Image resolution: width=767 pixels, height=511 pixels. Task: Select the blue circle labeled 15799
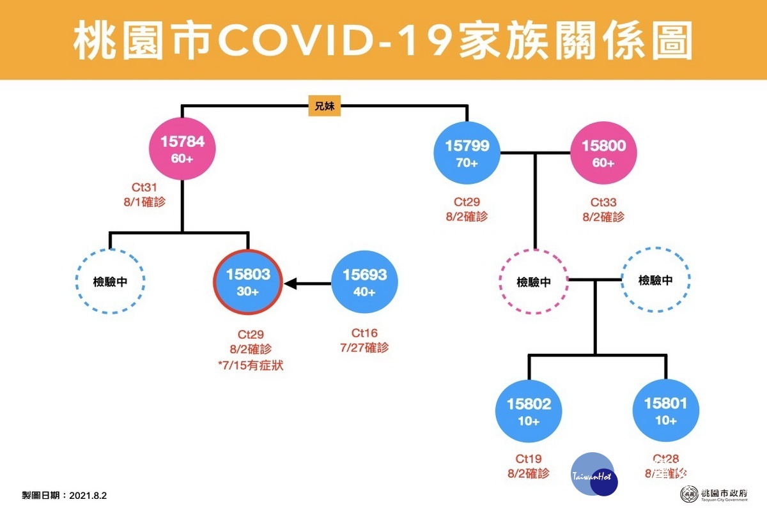pyautogui.click(x=467, y=153)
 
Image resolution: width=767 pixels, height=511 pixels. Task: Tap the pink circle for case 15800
pyautogui.click(x=603, y=153)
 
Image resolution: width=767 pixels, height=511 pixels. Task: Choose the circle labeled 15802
pyautogui.click(x=530, y=411)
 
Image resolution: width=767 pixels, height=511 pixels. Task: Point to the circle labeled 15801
pyautogui.click(x=665, y=411)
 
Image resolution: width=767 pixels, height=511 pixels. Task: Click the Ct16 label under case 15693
pyautogui.click(x=364, y=333)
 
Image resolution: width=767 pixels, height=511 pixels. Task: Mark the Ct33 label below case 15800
pyautogui.click(x=603, y=202)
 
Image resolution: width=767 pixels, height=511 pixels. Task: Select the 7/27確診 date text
pyautogui.click(x=364, y=347)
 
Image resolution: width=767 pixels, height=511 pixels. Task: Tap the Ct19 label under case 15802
pyautogui.click(x=529, y=459)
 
